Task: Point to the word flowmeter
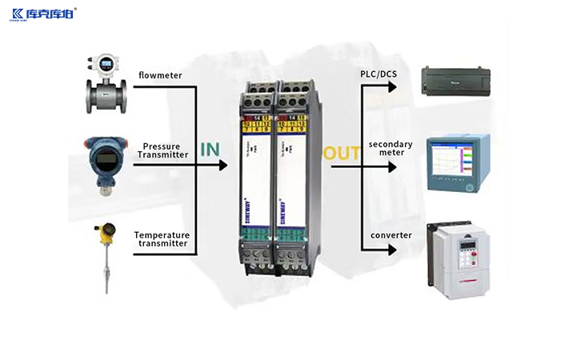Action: pos(160,76)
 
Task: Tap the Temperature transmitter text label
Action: pos(162,239)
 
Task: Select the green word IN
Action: pos(210,149)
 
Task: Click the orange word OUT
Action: pos(342,153)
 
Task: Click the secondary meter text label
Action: pos(391,148)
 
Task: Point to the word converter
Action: pos(391,235)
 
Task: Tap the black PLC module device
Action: pos(456,80)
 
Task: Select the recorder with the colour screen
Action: pos(457,163)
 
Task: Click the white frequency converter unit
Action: pos(458,259)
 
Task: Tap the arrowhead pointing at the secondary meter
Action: pos(393,167)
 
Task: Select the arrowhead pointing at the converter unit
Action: pos(393,250)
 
